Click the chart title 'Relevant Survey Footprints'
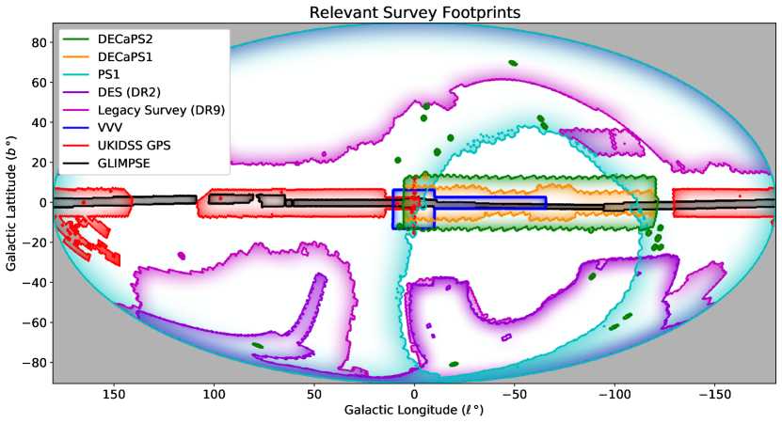click(x=414, y=12)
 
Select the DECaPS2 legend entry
click(x=124, y=42)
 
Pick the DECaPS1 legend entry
click(x=124, y=59)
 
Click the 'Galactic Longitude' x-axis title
click(x=413, y=411)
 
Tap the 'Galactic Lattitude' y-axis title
click(x=10, y=202)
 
